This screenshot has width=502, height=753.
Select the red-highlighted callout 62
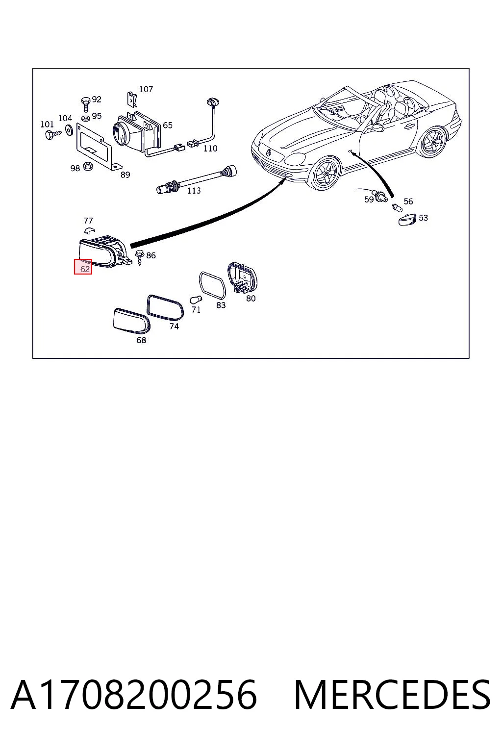[83, 267]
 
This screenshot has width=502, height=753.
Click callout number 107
[146, 89]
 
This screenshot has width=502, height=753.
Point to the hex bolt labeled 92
[86, 104]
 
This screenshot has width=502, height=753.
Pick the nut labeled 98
[87, 166]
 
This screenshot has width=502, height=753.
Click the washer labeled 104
[69, 129]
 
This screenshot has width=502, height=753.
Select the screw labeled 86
[140, 257]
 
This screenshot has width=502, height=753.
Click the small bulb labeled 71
[196, 299]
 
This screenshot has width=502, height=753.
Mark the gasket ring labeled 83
[212, 285]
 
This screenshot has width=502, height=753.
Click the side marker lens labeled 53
[407, 220]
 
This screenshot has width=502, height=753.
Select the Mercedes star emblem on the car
[269, 153]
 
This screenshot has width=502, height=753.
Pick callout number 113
[194, 191]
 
